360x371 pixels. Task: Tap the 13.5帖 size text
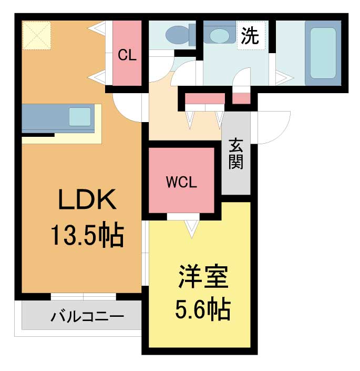pos(87,235)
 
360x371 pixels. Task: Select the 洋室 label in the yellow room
pos(202,277)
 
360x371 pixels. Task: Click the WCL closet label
pos(181,182)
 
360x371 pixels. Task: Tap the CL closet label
pos(127,55)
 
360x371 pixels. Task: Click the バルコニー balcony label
pos(87,317)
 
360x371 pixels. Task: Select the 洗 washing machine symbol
pos(250,36)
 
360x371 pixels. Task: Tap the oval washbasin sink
pos(219,35)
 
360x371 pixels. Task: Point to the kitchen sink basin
pos(80,116)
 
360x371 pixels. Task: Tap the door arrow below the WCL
pos(191,227)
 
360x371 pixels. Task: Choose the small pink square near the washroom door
pos(241,98)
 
